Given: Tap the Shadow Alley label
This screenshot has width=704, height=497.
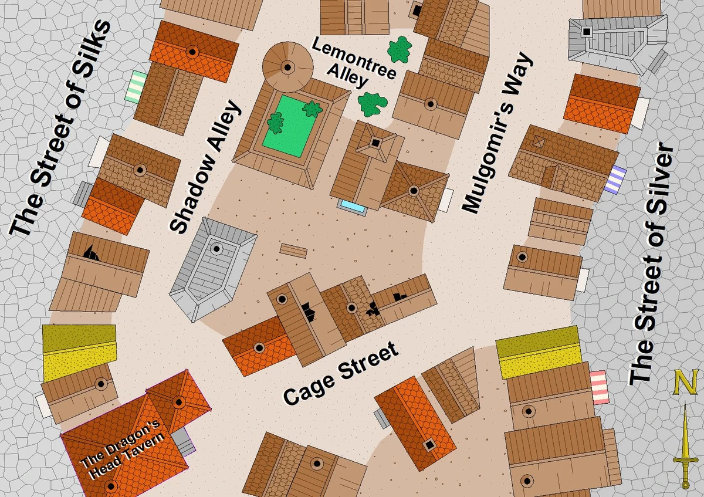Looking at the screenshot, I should click(x=206, y=166).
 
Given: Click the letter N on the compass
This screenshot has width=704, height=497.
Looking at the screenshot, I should click(x=684, y=383).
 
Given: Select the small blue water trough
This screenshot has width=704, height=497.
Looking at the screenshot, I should click(x=353, y=207).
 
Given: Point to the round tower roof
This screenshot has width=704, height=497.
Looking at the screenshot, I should click(x=287, y=66).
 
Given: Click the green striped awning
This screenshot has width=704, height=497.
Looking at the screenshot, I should click(x=139, y=87).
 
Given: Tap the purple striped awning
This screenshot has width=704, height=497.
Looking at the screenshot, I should click(x=617, y=180).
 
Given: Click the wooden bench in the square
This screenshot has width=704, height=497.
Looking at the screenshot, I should click(x=293, y=251).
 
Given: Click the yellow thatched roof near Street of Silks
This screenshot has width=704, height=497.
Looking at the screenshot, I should click(x=80, y=352).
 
